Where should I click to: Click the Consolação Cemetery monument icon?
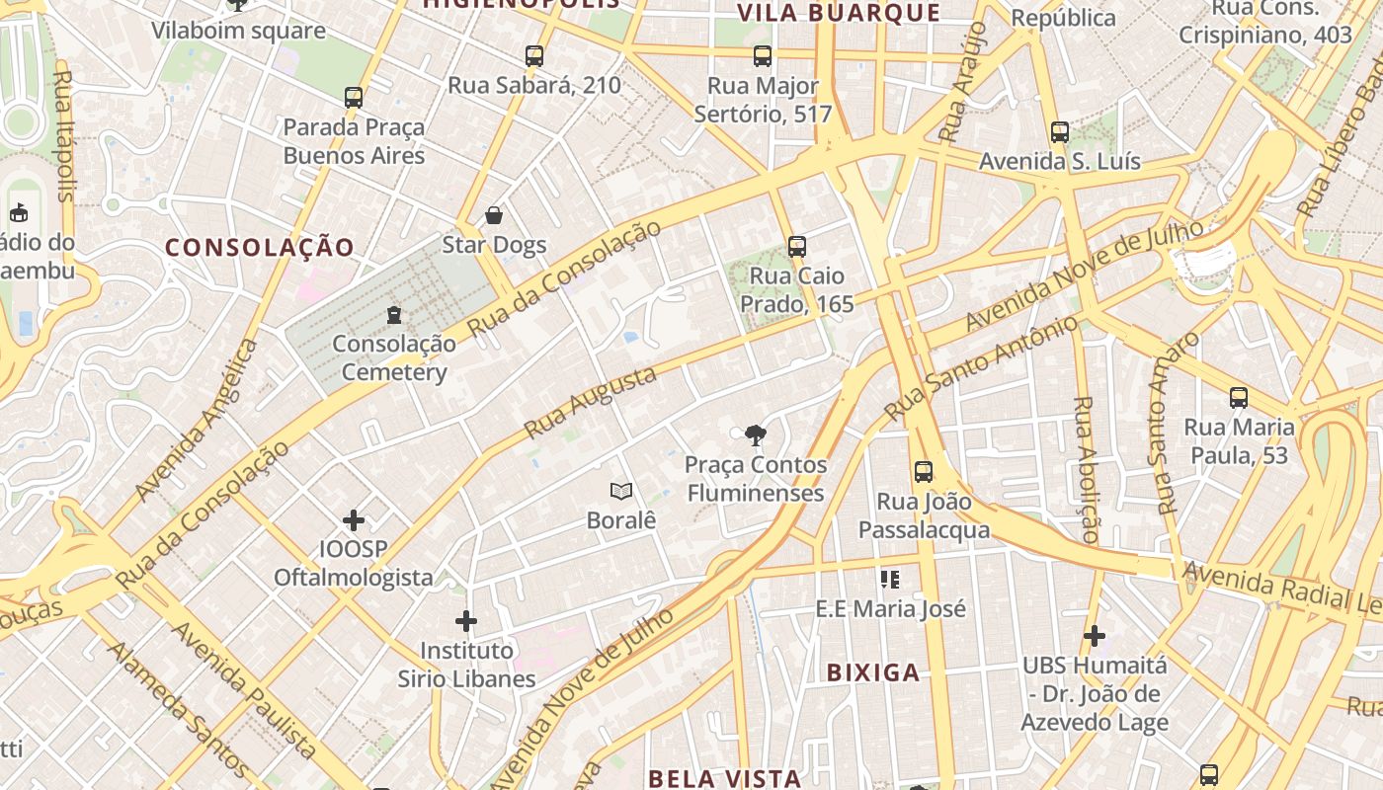tap(394, 315)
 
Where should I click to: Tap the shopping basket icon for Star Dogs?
tap(494, 215)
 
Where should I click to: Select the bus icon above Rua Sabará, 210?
tap(534, 56)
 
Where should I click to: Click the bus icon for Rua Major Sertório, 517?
tap(763, 56)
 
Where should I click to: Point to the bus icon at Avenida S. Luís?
tap(1060, 132)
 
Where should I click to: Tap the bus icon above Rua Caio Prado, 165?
tap(797, 247)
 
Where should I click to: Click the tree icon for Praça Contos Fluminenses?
tap(756, 434)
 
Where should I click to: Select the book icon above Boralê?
tap(621, 491)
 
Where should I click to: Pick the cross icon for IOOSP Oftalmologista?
tap(354, 519)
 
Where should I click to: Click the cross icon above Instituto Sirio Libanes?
tap(466, 621)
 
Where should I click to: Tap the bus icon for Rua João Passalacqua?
tap(924, 472)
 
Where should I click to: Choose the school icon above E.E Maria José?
tap(890, 580)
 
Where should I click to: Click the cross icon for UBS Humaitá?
tap(1095, 636)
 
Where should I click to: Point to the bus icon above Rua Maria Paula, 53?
tap(1239, 398)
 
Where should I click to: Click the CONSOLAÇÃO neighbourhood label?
tap(260, 248)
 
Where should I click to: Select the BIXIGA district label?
tap(873, 673)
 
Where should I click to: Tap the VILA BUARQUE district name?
tap(839, 13)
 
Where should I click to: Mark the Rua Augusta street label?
tap(590, 403)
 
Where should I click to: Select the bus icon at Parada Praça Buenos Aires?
tap(354, 98)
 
